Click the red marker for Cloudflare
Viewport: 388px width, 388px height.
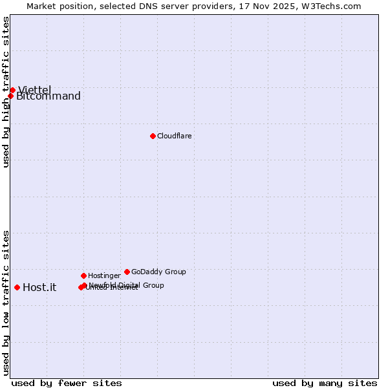point(153,136)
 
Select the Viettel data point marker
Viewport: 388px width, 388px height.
point(12,90)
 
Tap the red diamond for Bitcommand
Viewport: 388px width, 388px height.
point(10,96)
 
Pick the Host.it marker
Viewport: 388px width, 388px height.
point(17,287)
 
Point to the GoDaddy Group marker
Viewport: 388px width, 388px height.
point(127,272)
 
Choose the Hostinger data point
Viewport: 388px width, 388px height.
point(83,275)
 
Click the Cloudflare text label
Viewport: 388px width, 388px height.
point(174,136)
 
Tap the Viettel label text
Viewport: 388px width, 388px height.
point(34,90)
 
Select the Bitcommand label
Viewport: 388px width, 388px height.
point(48,96)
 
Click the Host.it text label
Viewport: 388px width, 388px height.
point(39,287)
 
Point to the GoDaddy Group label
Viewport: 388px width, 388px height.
point(158,272)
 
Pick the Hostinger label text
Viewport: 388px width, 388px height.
point(104,275)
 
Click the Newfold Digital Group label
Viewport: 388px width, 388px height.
point(127,285)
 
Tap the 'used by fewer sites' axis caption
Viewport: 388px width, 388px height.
point(67,383)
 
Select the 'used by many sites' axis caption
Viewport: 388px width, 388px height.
point(325,383)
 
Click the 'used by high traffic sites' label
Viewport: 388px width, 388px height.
point(6,92)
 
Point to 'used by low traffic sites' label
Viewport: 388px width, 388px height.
point(6,303)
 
